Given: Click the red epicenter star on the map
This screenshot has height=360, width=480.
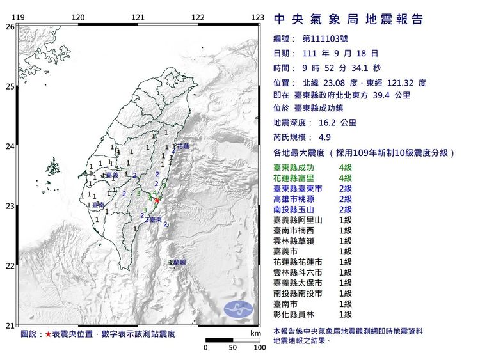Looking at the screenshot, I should coord(157,200).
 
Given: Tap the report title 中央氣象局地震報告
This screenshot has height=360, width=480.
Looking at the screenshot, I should coord(348,19).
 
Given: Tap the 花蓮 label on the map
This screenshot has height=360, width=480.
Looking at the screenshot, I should coord(183,146).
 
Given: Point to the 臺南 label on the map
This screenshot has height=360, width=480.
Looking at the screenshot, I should coord(98,205).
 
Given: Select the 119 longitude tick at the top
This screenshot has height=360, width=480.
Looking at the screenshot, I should coord(19,17).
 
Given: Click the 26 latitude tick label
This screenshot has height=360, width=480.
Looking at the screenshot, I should coord(10,27).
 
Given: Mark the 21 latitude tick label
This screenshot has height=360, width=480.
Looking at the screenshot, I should coord(10,325).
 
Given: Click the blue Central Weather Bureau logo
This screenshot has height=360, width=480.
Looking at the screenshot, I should coord(238,309).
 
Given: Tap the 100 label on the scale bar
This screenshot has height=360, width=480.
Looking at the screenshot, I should coord(259,348).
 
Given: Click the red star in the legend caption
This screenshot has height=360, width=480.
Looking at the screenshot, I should coord(48,334).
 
